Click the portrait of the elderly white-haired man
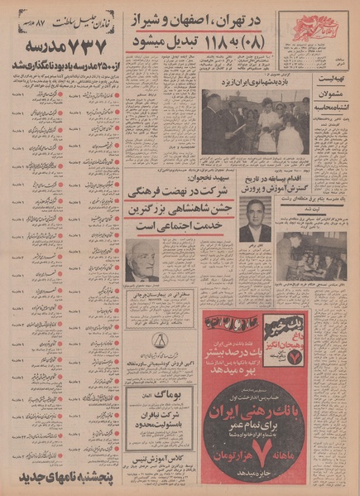click(x=142, y=261)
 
